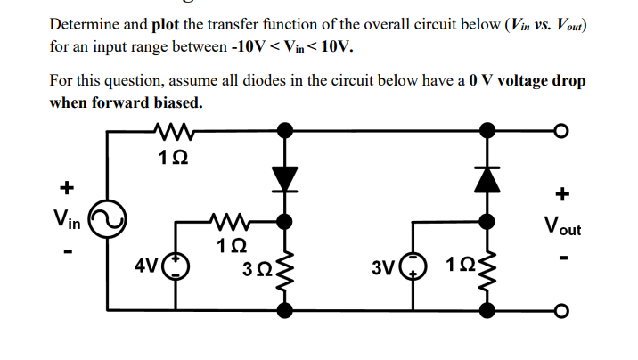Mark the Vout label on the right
(560, 225)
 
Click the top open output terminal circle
(560, 133)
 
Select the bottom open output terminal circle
(560, 310)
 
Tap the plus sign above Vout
(560, 193)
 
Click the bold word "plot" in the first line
(170, 24)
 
